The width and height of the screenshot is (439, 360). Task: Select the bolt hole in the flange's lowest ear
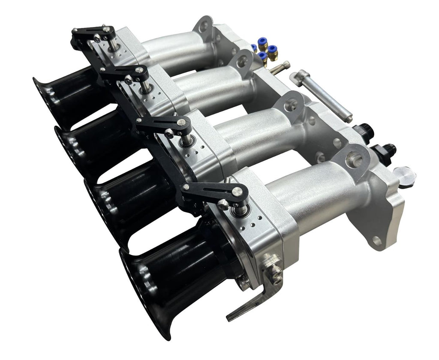click(x=377, y=240)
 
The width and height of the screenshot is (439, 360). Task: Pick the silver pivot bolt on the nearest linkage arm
click(x=223, y=204)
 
